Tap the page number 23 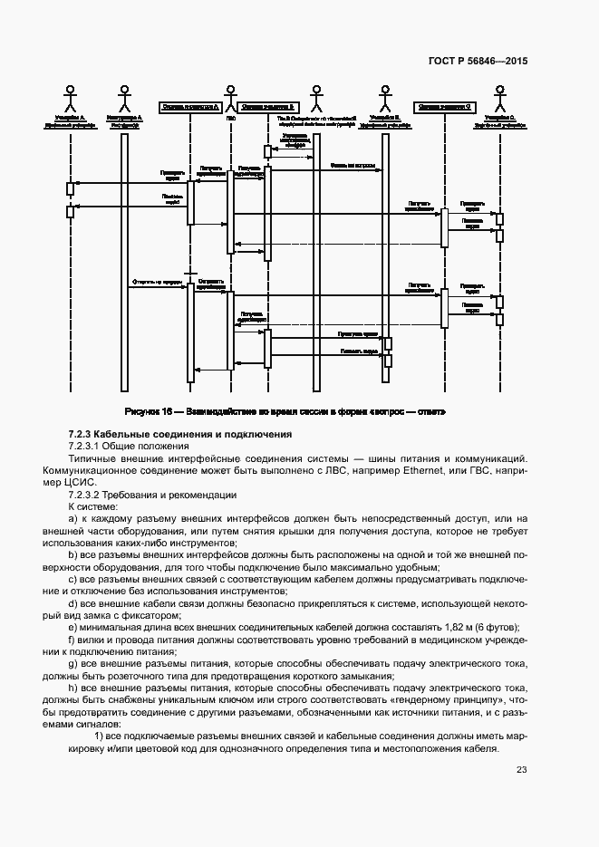pos(521,770)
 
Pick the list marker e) pos(72,627)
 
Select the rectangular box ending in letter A pos(189,106)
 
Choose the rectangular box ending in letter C pos(444,106)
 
